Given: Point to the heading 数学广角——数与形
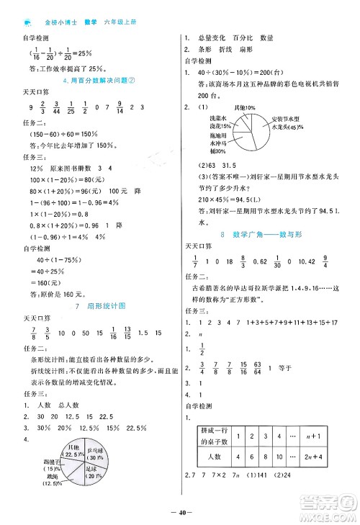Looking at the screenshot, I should pyautogui.click(x=266, y=235).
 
